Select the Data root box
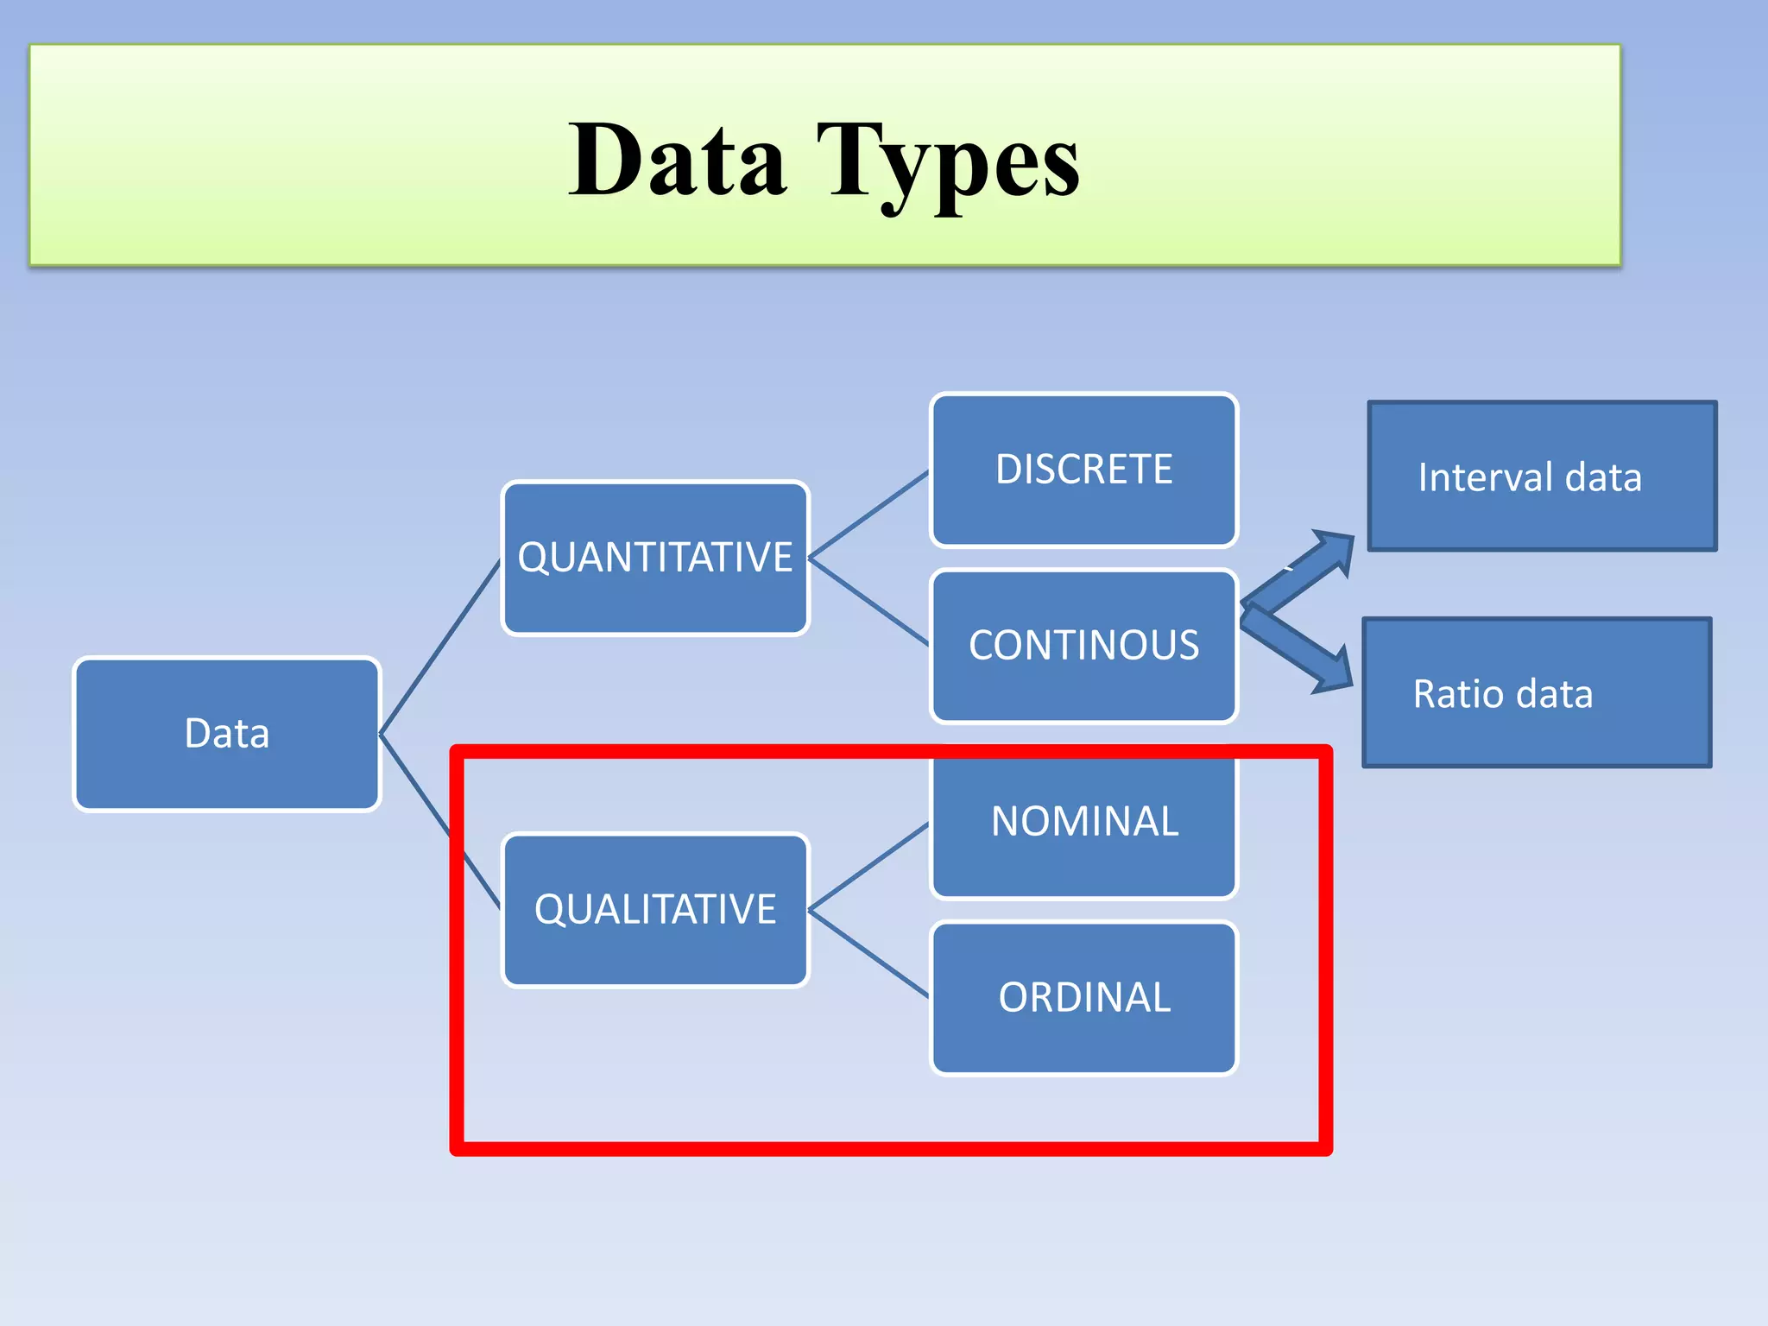tap(227, 734)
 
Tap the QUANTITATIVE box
tap(655, 558)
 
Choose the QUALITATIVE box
tap(655, 910)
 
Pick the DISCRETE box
tap(1084, 470)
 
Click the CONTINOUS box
tap(1084, 646)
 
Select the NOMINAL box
tap(1084, 822)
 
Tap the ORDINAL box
tap(1084, 998)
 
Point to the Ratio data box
tap(1537, 693)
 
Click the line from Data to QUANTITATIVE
tap(440, 647)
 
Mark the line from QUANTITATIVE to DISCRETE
tap(868, 514)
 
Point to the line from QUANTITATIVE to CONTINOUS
tap(868, 602)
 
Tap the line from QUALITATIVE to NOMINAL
tap(868, 866)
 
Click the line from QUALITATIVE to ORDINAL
tap(868, 954)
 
